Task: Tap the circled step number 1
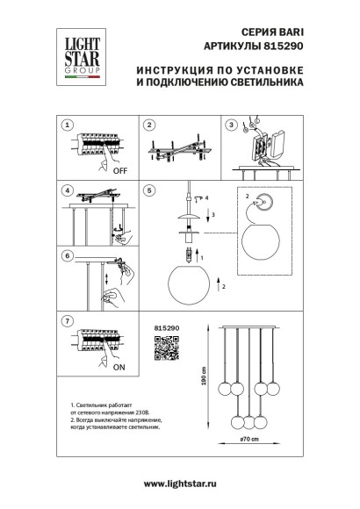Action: point(67,126)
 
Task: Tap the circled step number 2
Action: point(150,126)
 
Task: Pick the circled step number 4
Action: point(67,190)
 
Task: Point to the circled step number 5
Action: point(150,190)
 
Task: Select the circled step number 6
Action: point(67,255)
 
